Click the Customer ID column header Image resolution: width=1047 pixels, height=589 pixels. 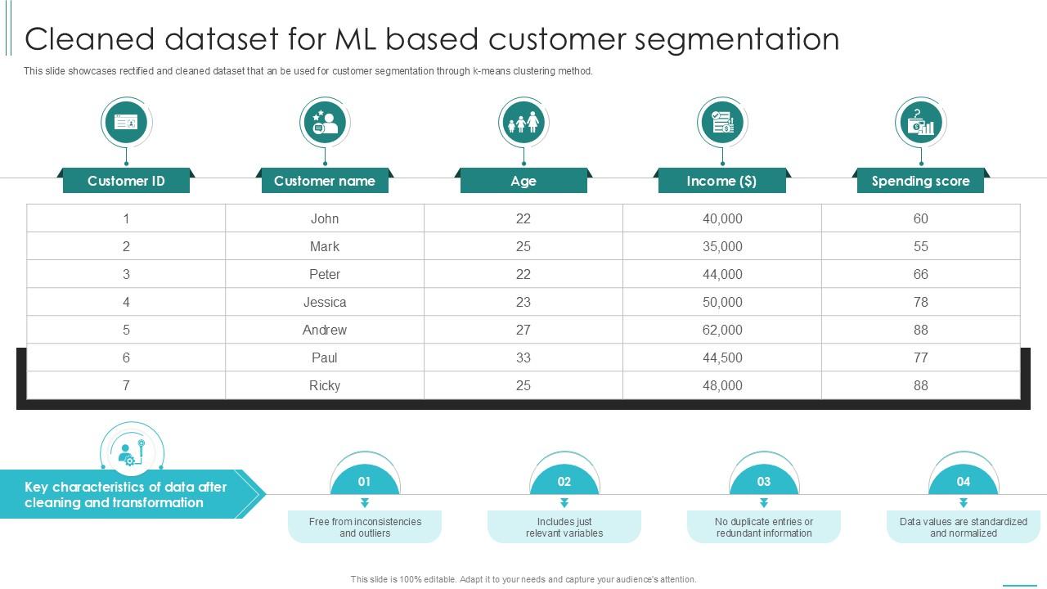point(126,181)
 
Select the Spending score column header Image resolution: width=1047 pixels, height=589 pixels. point(920,181)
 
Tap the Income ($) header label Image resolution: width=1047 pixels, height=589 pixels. point(721,181)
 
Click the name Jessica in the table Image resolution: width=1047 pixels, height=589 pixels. point(325,303)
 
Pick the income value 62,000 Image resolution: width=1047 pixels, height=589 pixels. point(722,330)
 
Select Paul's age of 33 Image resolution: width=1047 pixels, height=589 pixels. point(523,358)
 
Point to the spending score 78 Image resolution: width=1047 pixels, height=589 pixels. point(920,303)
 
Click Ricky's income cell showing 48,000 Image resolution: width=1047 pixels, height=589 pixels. point(722,386)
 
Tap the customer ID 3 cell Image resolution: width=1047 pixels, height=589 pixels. point(126,275)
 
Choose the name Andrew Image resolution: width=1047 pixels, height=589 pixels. point(325,330)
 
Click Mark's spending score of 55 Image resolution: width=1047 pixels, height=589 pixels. point(920,247)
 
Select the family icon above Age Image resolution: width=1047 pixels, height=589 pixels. point(523,123)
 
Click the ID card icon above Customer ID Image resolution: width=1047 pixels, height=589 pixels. point(126,123)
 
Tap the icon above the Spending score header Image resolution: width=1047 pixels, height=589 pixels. point(920,123)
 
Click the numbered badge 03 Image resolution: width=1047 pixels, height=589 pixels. point(763,482)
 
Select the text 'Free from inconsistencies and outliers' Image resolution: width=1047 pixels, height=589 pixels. point(365,528)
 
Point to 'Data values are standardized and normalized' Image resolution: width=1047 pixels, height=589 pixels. point(963,528)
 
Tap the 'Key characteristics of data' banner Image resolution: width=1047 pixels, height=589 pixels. point(126,495)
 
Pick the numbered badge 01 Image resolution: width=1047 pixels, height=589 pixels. point(365,482)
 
